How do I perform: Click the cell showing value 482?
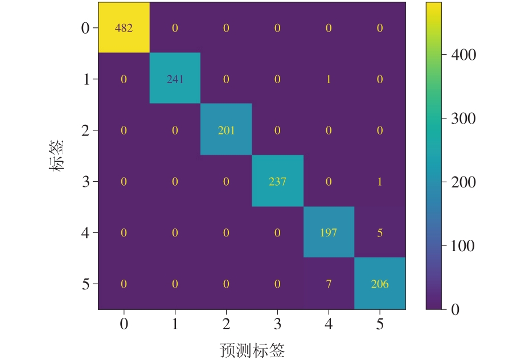tap(124, 28)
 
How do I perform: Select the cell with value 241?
tap(175, 79)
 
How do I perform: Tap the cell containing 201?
tap(226, 130)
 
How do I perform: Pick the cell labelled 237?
tap(277, 182)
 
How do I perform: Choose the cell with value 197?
tap(329, 232)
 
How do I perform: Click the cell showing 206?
tap(380, 284)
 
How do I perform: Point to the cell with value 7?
tap(329, 284)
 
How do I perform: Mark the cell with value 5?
tap(380, 232)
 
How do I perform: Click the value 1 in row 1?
tap(329, 79)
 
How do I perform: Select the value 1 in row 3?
tap(380, 182)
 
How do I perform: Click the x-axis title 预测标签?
tap(252, 350)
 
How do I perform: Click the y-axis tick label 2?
tap(86, 130)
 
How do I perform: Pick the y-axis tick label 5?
tap(86, 284)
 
